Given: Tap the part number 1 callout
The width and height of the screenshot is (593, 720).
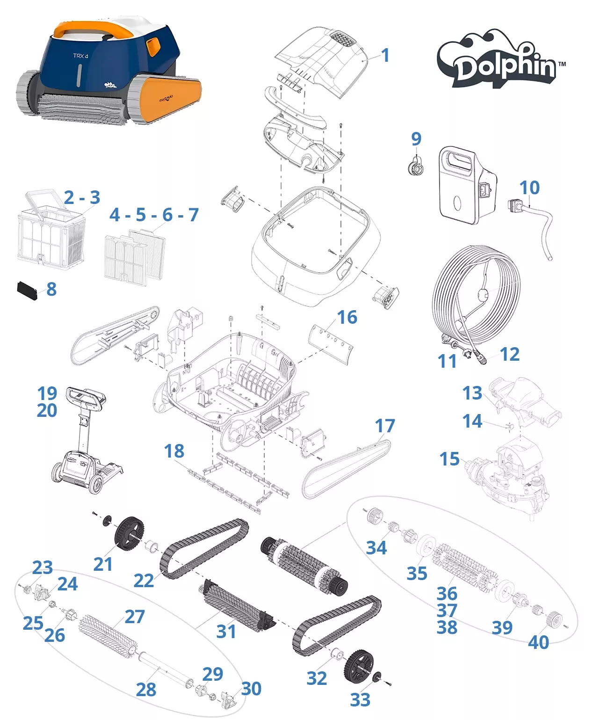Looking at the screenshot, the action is coord(385,55).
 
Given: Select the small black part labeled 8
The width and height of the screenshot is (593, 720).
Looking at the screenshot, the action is coord(27,291).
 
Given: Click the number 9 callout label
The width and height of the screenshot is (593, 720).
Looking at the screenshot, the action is coord(416,138).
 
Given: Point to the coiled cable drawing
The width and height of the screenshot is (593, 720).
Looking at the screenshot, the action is coord(476,304).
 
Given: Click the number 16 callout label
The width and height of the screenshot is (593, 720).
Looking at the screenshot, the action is coord(347,317).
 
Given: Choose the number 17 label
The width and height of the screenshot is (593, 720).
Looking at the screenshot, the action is coord(385,426).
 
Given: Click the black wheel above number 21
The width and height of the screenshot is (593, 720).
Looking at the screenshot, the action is coord(129,533).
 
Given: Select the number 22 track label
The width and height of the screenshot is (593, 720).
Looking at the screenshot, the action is coord(144,581).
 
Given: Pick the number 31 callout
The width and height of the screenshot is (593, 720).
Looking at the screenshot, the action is coord(226,632).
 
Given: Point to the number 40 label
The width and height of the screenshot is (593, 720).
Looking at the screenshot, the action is coord(538,642).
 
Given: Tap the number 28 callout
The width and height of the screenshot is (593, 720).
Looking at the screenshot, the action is coord(146,689).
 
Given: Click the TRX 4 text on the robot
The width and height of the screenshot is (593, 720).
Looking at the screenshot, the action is coord(80,56).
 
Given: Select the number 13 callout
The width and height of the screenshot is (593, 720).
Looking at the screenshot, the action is coord(472,393).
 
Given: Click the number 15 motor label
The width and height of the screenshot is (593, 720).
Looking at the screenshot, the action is coord(449,459).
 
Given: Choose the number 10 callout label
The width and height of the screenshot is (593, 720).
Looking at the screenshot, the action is coord(529,188).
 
